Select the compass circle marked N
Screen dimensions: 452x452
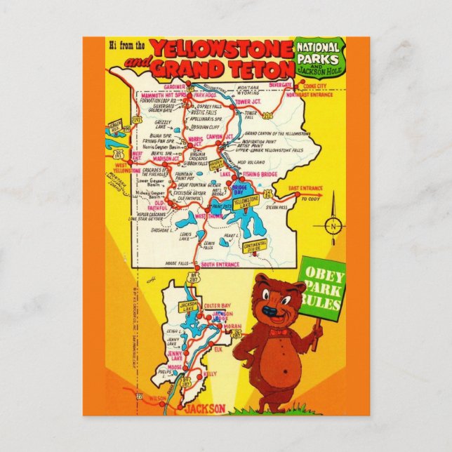334,225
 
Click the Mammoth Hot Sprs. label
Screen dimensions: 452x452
164,93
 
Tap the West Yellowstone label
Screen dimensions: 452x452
126,168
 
